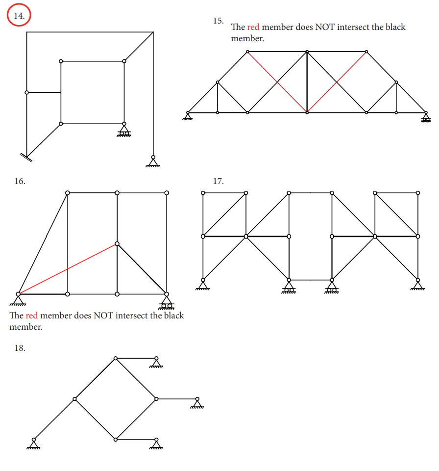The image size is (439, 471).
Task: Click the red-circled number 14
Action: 19,16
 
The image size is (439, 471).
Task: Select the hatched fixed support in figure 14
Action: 26,157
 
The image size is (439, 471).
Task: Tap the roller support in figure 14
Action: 124,131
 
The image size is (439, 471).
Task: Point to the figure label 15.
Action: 218,21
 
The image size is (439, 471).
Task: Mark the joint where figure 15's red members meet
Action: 307,112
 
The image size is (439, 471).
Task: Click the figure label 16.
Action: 20,181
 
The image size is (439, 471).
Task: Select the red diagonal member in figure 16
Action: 67,268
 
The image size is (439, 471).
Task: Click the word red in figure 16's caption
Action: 31,315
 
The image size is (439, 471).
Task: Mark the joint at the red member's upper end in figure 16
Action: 117,243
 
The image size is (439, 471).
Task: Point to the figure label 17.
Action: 218,181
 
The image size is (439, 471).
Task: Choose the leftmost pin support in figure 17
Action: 203,284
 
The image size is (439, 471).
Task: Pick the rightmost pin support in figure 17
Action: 418,284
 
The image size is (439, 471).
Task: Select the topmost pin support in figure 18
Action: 156,363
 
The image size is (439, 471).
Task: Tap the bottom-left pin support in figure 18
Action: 33,444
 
